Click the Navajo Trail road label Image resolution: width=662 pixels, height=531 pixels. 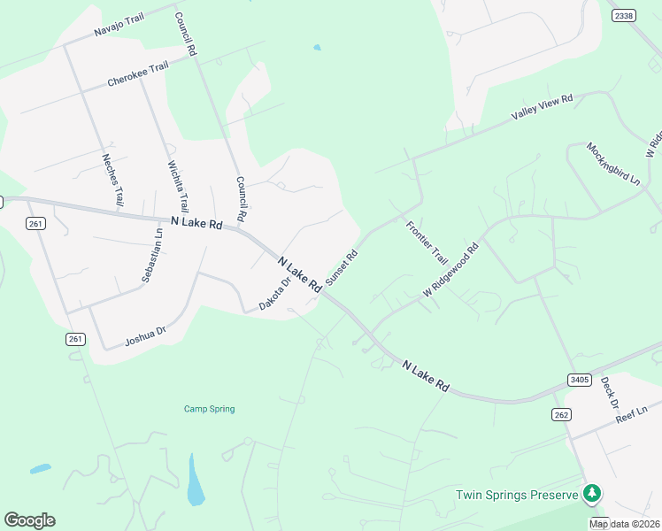[x=119, y=26]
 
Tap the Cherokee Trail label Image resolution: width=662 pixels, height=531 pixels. [x=137, y=74]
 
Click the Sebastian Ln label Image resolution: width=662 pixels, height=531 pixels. [x=152, y=256]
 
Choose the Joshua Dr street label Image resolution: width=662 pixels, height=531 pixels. [x=145, y=334]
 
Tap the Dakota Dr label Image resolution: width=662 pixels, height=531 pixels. [x=274, y=295]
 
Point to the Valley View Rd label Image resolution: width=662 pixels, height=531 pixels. [x=543, y=109]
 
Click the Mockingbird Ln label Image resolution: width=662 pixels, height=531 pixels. [x=612, y=164]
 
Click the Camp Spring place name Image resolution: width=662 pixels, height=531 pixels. [x=209, y=409]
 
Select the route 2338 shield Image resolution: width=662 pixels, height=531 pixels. [x=624, y=15]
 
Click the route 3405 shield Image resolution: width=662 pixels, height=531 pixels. [x=579, y=379]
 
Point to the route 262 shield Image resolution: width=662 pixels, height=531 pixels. [x=561, y=414]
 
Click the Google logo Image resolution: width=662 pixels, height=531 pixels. [x=29, y=520]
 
